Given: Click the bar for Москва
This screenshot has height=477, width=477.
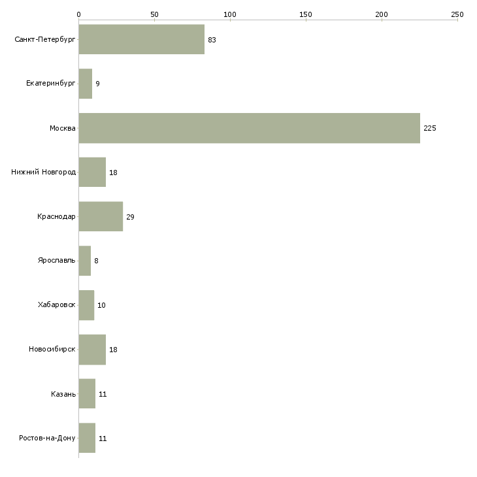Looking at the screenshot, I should [249, 128].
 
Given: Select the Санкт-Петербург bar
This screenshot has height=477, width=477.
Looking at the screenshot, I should [141, 40].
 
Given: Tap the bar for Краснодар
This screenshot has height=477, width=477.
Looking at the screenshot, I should [101, 216].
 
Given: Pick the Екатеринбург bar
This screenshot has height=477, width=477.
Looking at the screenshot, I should [86, 84].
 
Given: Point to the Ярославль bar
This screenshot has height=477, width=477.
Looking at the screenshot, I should [85, 261].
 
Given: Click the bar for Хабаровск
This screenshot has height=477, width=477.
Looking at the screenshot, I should [86, 305].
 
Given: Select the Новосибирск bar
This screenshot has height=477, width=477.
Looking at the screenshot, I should [92, 350].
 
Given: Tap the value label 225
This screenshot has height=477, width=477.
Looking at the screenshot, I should [429, 128].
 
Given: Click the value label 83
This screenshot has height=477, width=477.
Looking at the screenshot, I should [212, 40].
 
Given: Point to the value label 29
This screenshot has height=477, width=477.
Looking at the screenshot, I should [130, 217].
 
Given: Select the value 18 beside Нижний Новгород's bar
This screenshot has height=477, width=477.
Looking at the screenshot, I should [113, 173].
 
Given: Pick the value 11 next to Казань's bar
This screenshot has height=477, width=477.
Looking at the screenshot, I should [103, 394].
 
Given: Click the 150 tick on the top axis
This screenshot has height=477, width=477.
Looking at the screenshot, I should [306, 14].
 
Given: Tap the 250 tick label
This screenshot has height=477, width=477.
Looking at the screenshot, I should [457, 14].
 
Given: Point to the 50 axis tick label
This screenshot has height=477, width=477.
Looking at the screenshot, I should [154, 14].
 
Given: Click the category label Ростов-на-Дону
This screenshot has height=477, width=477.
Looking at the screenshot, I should [48, 438].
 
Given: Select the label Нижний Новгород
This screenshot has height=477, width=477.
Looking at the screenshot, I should [44, 173].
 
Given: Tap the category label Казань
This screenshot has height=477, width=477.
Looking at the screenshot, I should [63, 394].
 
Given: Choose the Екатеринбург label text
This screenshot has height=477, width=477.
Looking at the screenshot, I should [51, 84].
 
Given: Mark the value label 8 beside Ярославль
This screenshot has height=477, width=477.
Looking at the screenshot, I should [96, 261].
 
